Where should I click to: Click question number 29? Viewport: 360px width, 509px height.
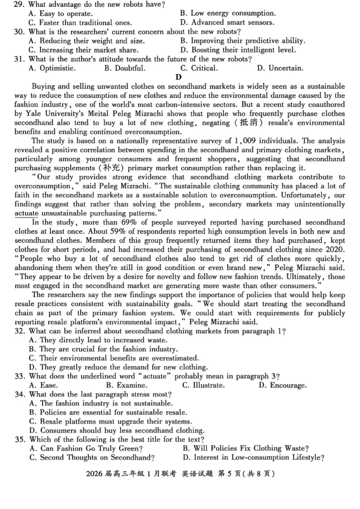pos(19,5)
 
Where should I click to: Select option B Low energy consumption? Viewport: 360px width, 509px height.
pos(227,13)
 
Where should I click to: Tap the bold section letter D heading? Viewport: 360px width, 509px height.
pos(178,77)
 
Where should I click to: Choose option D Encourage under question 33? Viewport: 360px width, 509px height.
pos(282,385)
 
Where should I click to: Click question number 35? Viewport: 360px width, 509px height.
pos(19,439)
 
